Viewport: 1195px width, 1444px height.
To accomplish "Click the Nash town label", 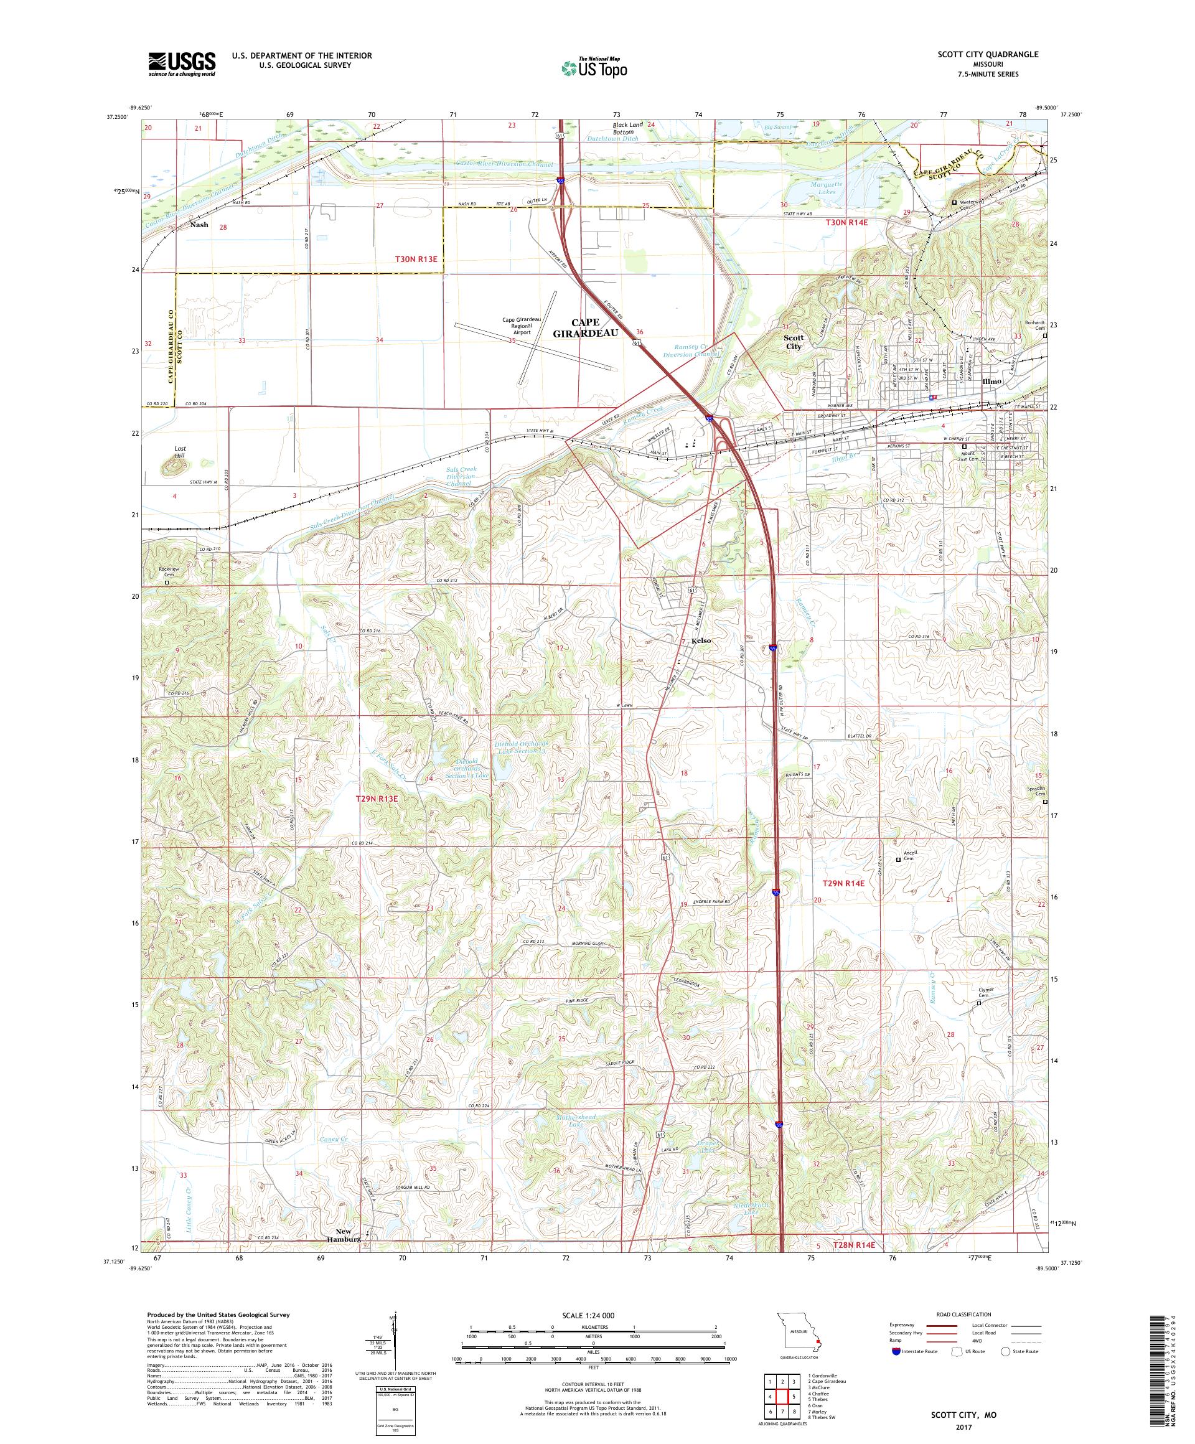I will point(199,225).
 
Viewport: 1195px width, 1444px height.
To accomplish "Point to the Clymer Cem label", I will point(986,992).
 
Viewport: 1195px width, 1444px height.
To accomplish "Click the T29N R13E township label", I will point(377,799).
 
